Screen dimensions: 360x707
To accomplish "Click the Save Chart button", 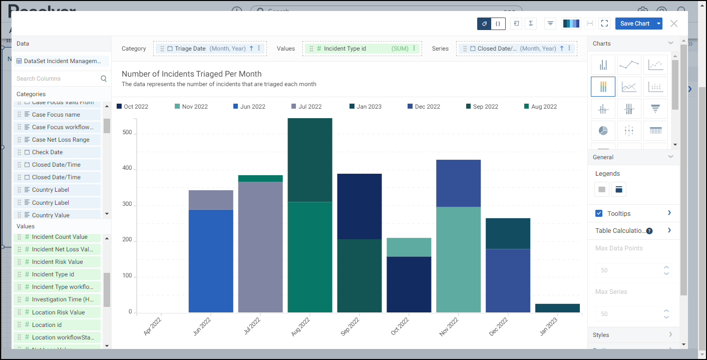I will point(634,24).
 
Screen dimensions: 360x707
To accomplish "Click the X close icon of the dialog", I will point(674,24).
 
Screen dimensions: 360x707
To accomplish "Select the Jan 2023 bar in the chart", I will point(557,308).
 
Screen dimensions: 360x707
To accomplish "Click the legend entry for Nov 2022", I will point(194,107).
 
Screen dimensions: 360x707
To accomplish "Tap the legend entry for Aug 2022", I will point(544,107).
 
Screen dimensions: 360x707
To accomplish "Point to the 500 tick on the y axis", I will point(127,133).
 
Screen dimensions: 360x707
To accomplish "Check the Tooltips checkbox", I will point(599,213).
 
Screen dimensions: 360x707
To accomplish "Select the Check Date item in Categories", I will point(48,152).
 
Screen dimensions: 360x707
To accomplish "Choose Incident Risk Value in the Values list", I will point(57,262).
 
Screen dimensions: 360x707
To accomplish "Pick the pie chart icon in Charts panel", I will point(603,131).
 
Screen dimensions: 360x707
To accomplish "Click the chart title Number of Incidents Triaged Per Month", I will point(192,74).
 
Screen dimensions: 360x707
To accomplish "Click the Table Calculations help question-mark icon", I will point(649,231).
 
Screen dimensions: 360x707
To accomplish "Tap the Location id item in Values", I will point(47,325).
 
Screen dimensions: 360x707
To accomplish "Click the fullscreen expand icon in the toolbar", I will point(604,24).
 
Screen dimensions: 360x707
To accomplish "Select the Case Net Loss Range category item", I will point(61,140).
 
